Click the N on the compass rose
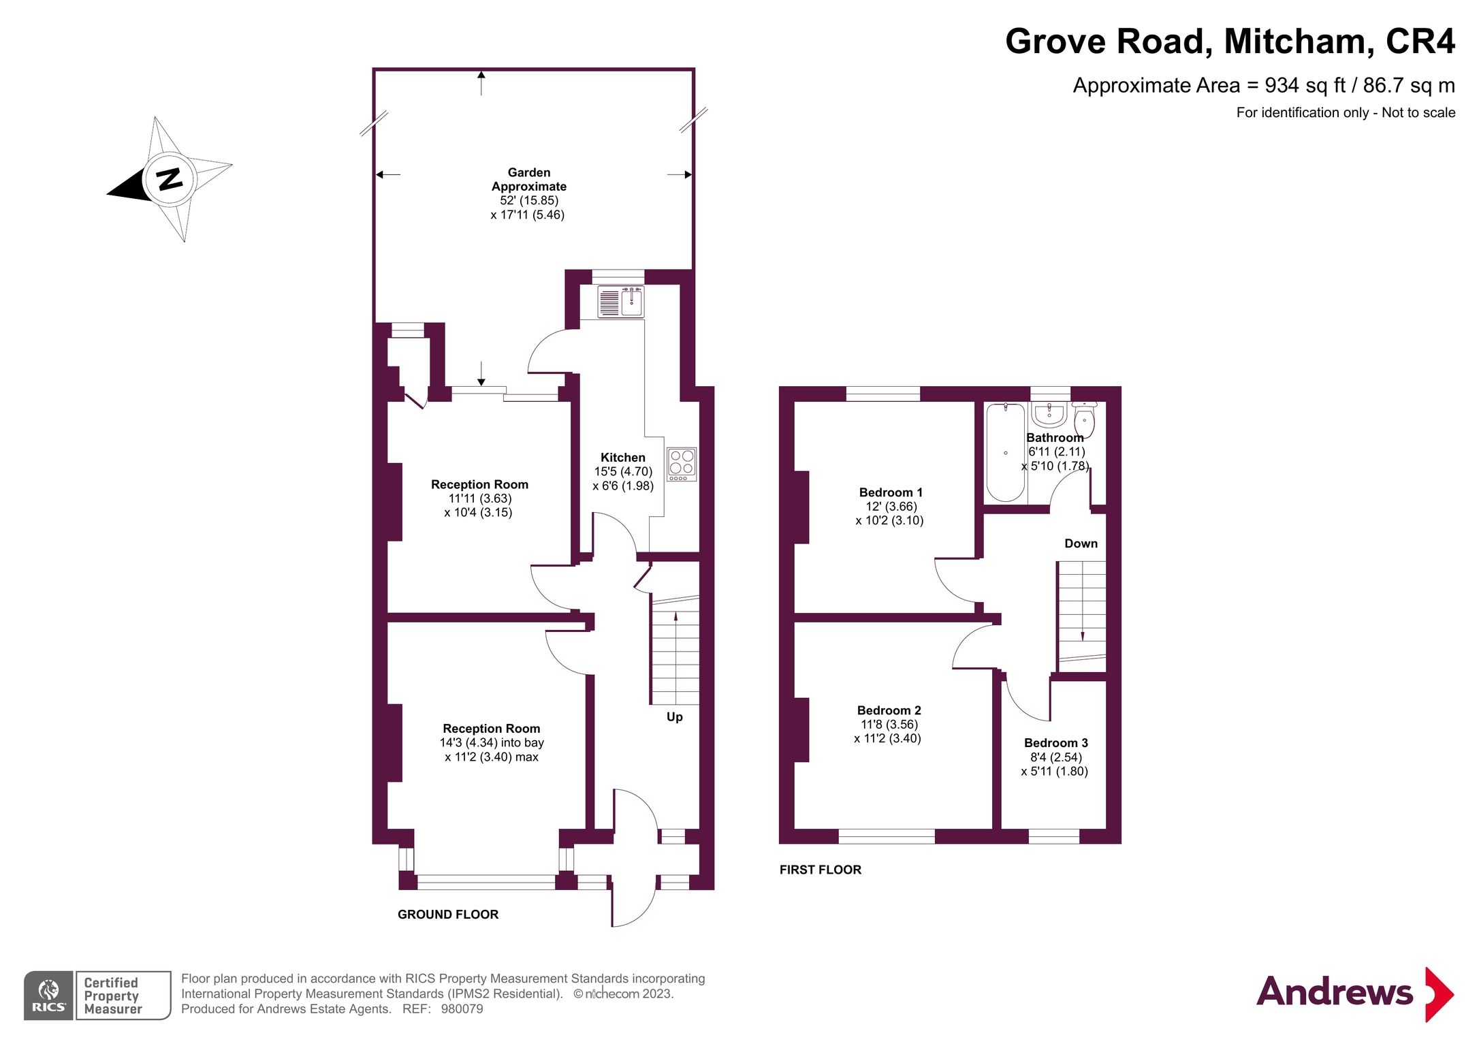tap(170, 178)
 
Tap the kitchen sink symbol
tap(620, 302)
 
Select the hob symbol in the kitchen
tap(682, 464)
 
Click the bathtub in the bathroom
tap(1005, 452)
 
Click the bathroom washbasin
tap(1049, 413)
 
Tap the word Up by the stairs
tap(674, 717)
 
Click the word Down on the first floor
tap(1081, 543)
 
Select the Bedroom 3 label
tap(1055, 743)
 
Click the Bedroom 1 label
tap(890, 492)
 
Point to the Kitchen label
tap(622, 458)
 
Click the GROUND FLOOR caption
tap(448, 915)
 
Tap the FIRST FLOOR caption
tap(820, 870)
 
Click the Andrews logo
tap(1354, 993)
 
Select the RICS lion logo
tap(48, 995)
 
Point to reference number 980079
tap(462, 1009)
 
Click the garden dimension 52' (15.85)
tap(529, 200)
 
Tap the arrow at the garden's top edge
tap(481, 82)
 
